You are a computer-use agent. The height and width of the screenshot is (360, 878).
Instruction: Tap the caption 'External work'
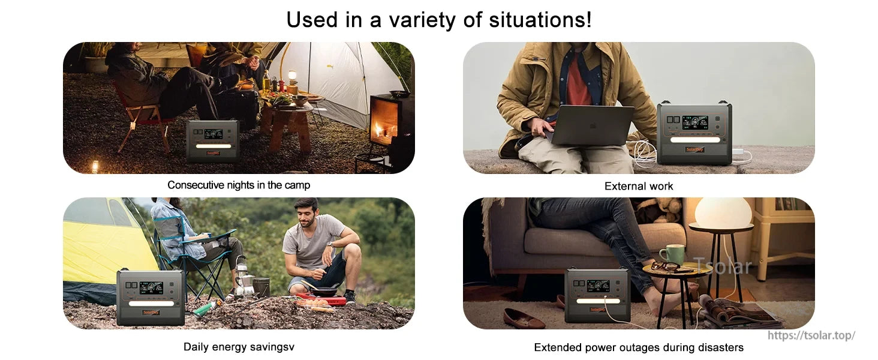point(639,186)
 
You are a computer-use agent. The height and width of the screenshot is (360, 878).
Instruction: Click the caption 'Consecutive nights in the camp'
point(239,185)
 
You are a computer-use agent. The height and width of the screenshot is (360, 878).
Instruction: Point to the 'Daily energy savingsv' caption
point(239,347)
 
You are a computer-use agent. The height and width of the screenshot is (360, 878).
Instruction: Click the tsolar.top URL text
point(811,335)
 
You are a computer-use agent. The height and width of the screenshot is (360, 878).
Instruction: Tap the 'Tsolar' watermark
point(722,266)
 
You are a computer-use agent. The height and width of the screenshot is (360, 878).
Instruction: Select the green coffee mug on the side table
point(672,254)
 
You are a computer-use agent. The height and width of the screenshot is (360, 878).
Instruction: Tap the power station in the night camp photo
point(212,140)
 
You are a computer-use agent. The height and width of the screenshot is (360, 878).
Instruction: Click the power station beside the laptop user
point(694,133)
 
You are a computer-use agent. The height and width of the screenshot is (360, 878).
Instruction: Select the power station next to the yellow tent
point(151,297)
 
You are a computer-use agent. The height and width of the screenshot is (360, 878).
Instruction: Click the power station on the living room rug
point(597,295)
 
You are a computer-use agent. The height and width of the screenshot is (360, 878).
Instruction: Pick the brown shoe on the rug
point(524,319)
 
